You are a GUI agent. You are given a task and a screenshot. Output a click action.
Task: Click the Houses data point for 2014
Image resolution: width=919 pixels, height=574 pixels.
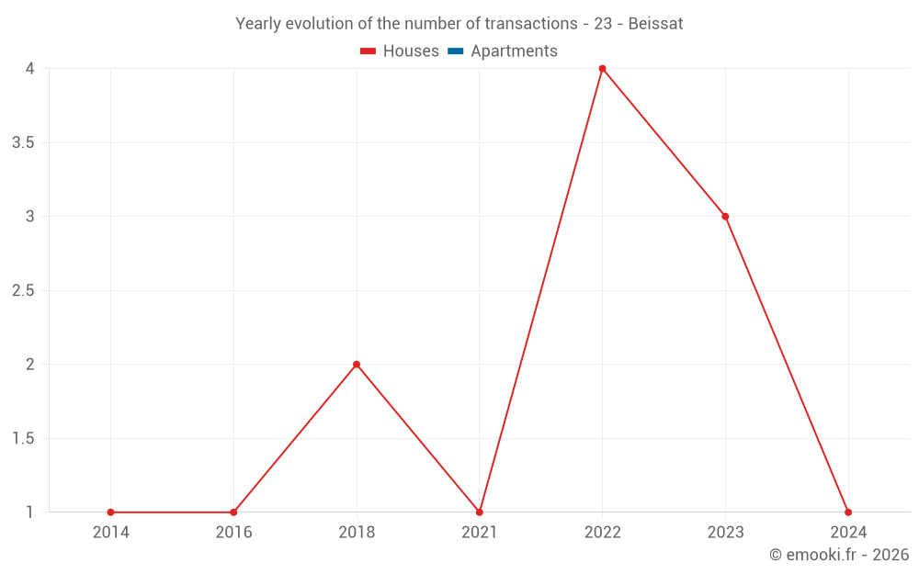pyautogui.click(x=110, y=512)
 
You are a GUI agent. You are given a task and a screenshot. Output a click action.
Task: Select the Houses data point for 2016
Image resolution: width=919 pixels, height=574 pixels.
pyautogui.click(x=233, y=512)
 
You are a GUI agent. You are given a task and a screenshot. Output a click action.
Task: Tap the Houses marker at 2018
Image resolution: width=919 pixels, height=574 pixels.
pyautogui.click(x=357, y=365)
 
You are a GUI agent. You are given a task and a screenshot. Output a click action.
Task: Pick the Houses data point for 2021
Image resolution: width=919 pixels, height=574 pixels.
pyautogui.click(x=480, y=512)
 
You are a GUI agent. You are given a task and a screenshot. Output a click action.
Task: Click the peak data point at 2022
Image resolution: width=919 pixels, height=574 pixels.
pyautogui.click(x=602, y=69)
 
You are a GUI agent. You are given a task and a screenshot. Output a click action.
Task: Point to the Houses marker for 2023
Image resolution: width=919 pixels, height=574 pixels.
pyautogui.click(x=725, y=217)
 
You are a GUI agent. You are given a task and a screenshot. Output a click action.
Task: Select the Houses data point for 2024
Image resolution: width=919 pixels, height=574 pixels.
pyautogui.click(x=848, y=512)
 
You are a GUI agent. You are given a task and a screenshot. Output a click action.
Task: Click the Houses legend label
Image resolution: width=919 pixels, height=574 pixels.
pyautogui.click(x=411, y=51)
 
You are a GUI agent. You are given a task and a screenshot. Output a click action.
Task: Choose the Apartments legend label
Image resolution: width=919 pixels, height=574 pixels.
pyautogui.click(x=514, y=51)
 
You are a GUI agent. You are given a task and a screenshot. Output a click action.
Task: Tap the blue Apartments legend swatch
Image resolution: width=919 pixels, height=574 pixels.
pyautogui.click(x=456, y=51)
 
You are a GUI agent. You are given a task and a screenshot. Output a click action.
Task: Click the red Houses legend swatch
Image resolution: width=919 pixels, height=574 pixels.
pyautogui.click(x=369, y=51)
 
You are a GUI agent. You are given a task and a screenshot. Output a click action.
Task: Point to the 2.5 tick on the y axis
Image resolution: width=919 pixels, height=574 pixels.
pyautogui.click(x=23, y=290)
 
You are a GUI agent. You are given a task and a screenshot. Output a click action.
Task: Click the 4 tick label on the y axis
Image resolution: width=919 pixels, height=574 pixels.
pyautogui.click(x=30, y=69)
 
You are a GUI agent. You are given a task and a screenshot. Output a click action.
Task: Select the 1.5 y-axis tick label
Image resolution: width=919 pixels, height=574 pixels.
pyautogui.click(x=23, y=438)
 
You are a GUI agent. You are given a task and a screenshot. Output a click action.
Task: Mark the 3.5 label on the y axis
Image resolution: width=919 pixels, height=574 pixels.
pyautogui.click(x=23, y=142)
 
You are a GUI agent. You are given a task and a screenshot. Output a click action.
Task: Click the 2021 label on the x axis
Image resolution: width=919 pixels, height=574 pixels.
pyautogui.click(x=480, y=533)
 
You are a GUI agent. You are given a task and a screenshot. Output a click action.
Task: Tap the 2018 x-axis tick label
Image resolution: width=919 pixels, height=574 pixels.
pyautogui.click(x=357, y=533)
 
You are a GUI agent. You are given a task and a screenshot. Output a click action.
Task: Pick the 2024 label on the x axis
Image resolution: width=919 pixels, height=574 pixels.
pyautogui.click(x=848, y=533)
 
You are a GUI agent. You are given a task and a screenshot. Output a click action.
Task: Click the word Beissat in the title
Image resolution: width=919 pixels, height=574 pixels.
pyautogui.click(x=655, y=24)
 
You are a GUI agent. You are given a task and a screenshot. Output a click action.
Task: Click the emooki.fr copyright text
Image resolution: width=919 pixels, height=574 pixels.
pyautogui.click(x=839, y=555)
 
